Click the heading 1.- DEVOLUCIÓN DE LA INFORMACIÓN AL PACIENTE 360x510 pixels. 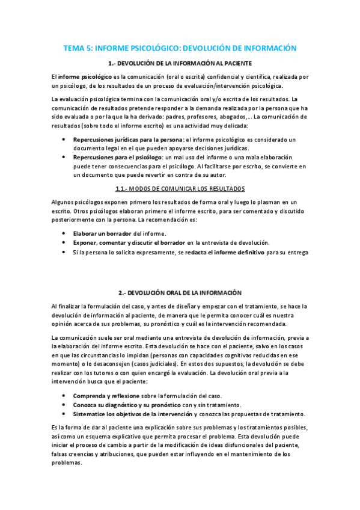coord(180,63)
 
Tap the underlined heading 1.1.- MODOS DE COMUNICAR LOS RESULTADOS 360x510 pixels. coord(180,188)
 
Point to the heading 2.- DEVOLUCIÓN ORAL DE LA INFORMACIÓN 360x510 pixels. coord(180,292)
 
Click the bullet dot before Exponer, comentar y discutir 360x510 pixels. coord(64,242)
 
